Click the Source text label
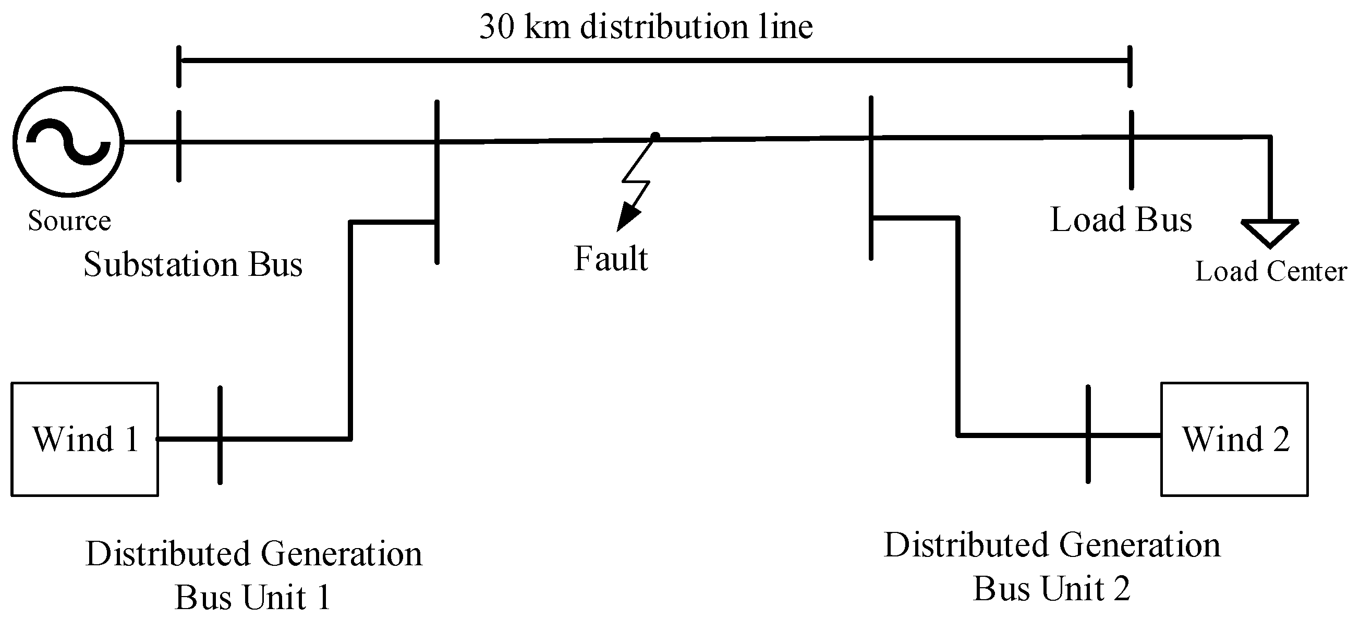tap(69, 220)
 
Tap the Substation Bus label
tap(193, 264)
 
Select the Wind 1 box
tap(84, 439)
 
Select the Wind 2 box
tap(1234, 439)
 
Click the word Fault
tap(611, 258)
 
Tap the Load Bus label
tap(1121, 219)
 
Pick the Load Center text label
tap(1271, 272)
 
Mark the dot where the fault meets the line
tap(654, 137)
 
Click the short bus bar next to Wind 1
tap(220, 436)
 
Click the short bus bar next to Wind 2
tap(1088, 434)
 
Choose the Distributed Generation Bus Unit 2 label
tap(1052, 566)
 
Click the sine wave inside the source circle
tap(69, 141)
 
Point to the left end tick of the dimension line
tap(179, 66)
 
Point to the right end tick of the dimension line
tap(1130, 66)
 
